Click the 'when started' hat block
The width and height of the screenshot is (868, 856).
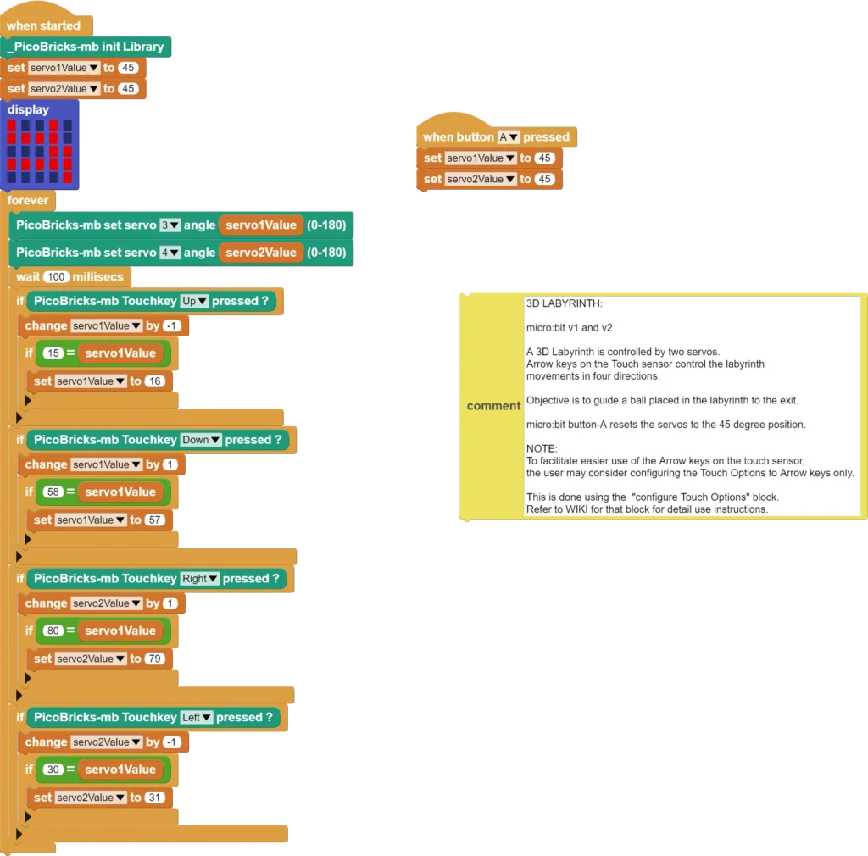[44, 25]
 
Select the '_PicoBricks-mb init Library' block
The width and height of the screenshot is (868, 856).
[86, 47]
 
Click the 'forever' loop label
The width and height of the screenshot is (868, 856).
[28, 200]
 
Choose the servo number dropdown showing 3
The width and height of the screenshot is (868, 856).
[170, 225]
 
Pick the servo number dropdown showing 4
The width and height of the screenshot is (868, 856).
[170, 253]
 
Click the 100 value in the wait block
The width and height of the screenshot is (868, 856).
[56, 276]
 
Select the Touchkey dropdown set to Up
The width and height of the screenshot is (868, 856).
[194, 301]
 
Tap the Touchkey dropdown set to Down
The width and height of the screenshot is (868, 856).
[200, 440]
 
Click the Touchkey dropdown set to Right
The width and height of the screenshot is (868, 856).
[199, 579]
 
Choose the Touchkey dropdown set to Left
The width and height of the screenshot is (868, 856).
[196, 718]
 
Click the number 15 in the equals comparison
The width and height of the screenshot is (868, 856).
[53, 353]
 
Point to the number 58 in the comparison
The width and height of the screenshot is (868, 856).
[53, 492]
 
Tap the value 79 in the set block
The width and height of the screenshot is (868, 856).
[154, 659]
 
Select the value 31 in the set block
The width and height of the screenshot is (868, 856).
[154, 798]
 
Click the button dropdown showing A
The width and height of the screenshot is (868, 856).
[509, 136]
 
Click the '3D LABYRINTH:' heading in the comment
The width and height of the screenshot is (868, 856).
[564, 303]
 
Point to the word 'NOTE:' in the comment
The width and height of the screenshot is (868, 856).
[542, 448]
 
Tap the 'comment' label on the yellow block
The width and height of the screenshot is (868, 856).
[493, 406]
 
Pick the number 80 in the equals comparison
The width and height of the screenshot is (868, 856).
[53, 631]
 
